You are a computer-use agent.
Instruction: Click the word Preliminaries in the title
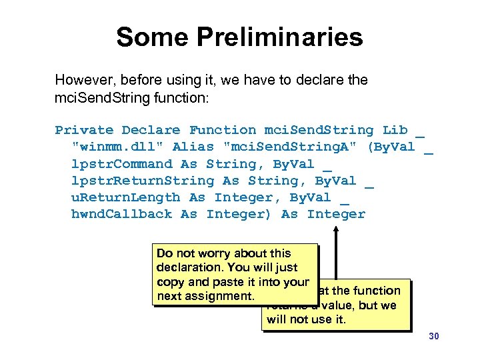tap(289, 37)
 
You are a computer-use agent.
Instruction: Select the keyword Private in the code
tap(84, 130)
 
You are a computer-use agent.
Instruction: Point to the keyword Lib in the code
tap(395, 130)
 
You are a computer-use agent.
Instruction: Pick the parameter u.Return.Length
tap(125, 197)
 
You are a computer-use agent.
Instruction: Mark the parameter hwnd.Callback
tap(125, 214)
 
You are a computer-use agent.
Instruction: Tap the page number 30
tap(433, 337)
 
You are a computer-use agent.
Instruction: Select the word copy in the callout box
tap(169, 282)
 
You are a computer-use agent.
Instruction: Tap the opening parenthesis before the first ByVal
tap(371, 147)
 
